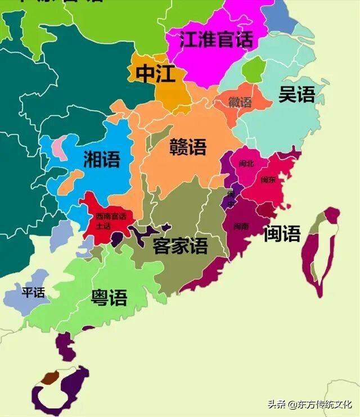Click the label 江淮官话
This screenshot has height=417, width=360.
click(x=216, y=40)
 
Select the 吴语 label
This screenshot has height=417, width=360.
click(x=296, y=94)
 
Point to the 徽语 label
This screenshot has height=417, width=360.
click(x=240, y=102)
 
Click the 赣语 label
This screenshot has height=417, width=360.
click(x=188, y=147)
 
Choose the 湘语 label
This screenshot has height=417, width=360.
click(x=102, y=159)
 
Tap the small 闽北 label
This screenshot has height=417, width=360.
click(x=246, y=164)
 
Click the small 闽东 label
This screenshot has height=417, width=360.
click(x=268, y=180)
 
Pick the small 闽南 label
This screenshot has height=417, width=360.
click(x=241, y=226)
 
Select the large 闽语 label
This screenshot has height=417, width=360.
click(x=282, y=233)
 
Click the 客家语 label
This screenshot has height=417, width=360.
click(x=180, y=246)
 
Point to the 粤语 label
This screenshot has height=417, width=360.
click(x=109, y=298)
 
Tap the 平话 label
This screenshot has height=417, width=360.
click(x=33, y=293)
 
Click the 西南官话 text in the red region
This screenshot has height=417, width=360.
click(x=111, y=217)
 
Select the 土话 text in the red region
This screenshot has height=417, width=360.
click(x=103, y=226)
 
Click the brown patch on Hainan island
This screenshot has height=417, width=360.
click(x=51, y=377)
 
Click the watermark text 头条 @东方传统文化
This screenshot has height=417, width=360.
click(x=309, y=404)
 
